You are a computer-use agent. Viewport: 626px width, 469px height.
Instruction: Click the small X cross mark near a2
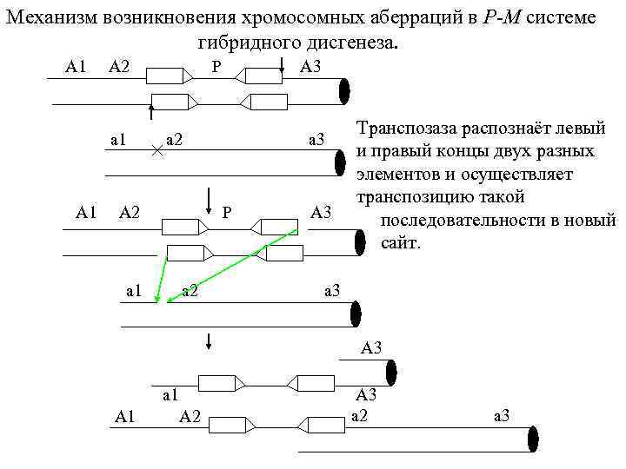coord(156,149)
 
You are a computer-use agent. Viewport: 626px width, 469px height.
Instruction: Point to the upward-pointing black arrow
coord(151,116)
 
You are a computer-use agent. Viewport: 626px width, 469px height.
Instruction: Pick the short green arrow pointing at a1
coord(162,280)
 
